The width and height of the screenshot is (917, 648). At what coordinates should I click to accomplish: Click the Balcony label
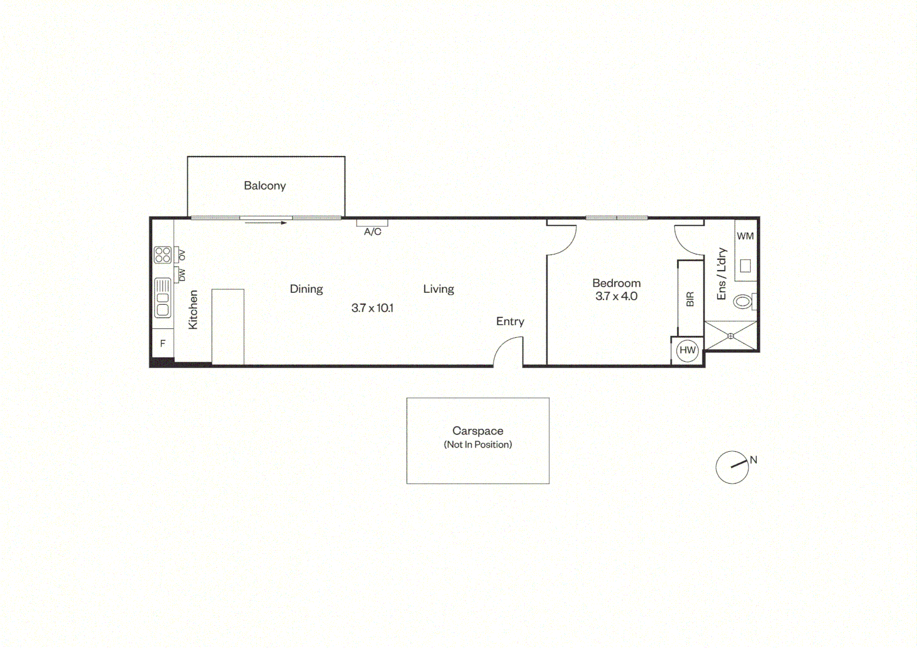click(x=265, y=186)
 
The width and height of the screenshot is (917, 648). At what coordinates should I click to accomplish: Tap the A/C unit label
click(x=372, y=232)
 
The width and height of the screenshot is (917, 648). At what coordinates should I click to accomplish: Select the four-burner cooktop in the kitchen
click(x=163, y=254)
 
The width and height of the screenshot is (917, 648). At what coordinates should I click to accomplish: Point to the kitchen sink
click(x=163, y=298)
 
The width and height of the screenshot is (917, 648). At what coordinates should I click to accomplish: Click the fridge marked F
click(x=163, y=344)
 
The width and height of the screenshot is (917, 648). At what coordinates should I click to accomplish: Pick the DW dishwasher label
click(x=182, y=275)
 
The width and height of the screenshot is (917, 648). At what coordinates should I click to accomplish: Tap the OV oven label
click(x=182, y=255)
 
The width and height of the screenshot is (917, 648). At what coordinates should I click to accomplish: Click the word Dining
click(x=306, y=289)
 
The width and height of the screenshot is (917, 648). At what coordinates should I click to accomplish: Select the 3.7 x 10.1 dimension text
click(x=372, y=308)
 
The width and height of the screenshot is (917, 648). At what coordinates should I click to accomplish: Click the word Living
click(x=438, y=289)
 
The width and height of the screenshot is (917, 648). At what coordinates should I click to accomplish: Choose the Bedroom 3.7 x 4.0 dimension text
click(x=616, y=296)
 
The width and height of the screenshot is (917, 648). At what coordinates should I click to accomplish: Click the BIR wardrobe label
click(x=690, y=299)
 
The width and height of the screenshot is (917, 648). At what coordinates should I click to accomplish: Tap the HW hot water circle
click(x=687, y=350)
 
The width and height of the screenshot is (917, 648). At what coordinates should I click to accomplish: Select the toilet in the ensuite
click(x=745, y=302)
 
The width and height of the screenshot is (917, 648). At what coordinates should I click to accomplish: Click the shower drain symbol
click(x=730, y=336)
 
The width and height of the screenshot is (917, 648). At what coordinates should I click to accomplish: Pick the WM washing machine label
click(x=745, y=236)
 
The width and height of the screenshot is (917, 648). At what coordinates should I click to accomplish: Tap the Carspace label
click(x=478, y=431)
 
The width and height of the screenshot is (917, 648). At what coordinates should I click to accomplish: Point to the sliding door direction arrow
click(x=266, y=223)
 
